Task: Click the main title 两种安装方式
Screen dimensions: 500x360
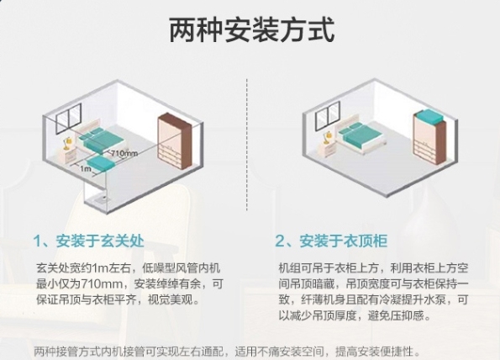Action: (251, 30)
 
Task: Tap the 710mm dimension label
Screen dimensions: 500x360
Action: (124, 153)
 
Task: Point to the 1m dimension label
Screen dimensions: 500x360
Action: (86, 168)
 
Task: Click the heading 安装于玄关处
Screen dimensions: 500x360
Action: (100, 241)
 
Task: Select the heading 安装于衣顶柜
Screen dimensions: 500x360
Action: (344, 241)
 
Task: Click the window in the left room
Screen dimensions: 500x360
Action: (69, 118)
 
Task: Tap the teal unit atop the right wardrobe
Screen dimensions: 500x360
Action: (429, 118)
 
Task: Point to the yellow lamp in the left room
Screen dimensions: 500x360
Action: (67, 143)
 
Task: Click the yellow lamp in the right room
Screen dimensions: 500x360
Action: (327, 137)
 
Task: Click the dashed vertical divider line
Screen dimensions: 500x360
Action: (247, 145)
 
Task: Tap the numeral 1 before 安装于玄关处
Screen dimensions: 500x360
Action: (38, 241)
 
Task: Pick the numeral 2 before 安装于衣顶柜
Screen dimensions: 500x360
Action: (280, 241)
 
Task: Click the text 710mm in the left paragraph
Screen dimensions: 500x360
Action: (104, 283)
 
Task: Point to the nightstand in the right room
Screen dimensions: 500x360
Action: (329, 149)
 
